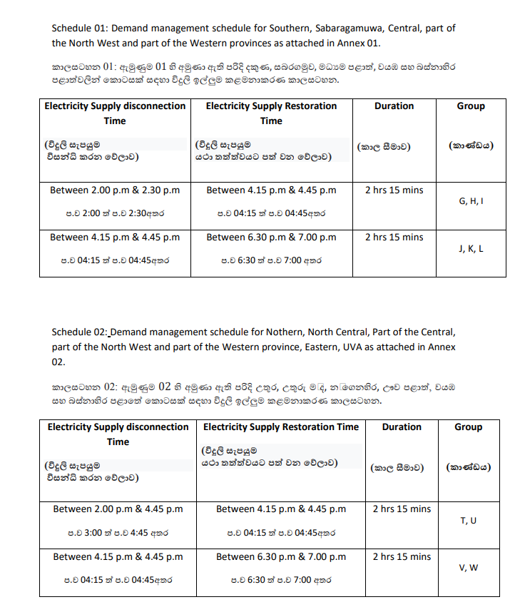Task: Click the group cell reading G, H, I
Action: [x=470, y=201]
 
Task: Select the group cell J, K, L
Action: [x=470, y=248]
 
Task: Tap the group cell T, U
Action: [x=469, y=521]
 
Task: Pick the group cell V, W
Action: [x=469, y=568]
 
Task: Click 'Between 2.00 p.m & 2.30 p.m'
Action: [x=114, y=190]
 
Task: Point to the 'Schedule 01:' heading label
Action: [x=78, y=29]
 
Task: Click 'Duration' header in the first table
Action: [x=394, y=106]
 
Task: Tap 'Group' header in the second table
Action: [x=469, y=427]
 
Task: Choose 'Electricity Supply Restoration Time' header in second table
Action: [x=281, y=427]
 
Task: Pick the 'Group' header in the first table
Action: [x=470, y=106]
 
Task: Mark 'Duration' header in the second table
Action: [x=402, y=427]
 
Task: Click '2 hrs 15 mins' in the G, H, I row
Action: [x=394, y=190]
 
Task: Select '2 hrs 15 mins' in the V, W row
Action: [x=402, y=557]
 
